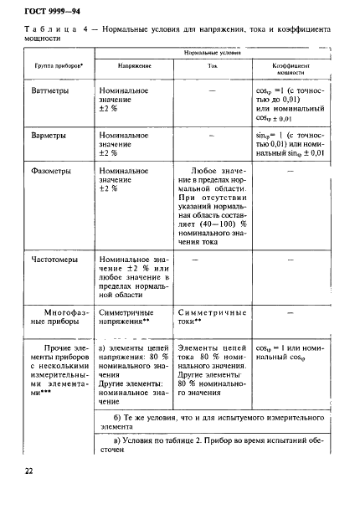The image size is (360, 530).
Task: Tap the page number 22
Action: tap(29, 471)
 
